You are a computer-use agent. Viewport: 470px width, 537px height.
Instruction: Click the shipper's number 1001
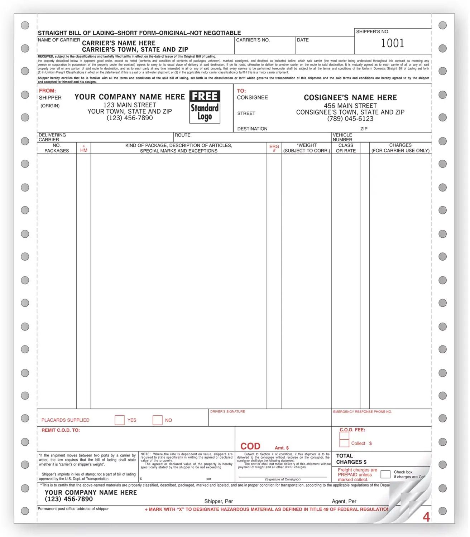[392, 43]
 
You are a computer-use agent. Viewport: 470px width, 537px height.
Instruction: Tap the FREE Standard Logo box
[205, 107]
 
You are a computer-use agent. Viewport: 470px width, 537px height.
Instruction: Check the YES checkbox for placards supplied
[120, 420]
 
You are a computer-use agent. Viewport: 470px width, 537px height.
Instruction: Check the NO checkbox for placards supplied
[158, 420]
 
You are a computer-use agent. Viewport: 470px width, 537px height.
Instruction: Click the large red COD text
[250, 446]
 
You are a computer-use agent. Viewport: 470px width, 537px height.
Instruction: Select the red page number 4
[426, 517]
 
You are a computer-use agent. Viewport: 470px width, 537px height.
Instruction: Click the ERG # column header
[274, 148]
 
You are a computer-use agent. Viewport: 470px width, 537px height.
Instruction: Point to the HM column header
[84, 148]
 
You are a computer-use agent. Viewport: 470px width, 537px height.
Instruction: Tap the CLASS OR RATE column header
[346, 148]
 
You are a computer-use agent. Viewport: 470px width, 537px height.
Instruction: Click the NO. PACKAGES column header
[57, 148]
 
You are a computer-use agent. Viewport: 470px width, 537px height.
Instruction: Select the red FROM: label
[48, 91]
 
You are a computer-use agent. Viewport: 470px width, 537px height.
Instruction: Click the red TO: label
[241, 91]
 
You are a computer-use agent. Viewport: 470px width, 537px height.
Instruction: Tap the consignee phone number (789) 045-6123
[350, 119]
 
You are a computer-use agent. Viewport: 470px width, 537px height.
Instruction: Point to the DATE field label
[303, 40]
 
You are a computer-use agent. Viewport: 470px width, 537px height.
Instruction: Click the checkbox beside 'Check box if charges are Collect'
[385, 474]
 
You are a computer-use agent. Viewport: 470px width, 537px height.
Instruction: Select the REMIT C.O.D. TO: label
[61, 430]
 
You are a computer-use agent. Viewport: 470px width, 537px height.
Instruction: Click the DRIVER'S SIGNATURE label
[227, 412]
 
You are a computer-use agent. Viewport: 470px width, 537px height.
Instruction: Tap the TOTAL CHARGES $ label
[351, 459]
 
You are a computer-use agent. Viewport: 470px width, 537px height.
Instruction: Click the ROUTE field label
[182, 135]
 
